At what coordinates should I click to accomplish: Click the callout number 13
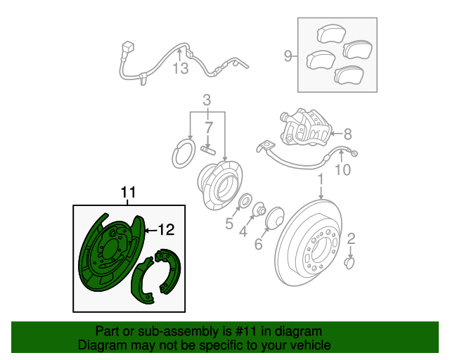tap(181, 68)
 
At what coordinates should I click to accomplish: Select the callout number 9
tap(288, 56)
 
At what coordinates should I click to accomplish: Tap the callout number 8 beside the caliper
tap(347, 134)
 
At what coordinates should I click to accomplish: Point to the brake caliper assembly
tap(305, 127)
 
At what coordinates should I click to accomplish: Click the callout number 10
tap(343, 169)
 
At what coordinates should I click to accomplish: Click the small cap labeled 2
tap(349, 263)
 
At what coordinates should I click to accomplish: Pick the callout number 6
tap(258, 244)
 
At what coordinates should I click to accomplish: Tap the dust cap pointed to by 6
tap(275, 218)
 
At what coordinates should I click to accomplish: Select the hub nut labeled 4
tap(259, 210)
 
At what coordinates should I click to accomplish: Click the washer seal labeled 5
tap(245, 200)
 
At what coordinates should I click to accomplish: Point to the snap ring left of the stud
tap(183, 153)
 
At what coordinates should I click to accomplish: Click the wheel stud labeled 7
tap(208, 150)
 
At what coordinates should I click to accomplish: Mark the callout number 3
tap(207, 100)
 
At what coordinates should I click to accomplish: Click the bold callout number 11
tap(128, 192)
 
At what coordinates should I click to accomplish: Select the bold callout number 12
tap(167, 230)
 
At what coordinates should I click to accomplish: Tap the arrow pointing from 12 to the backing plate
tap(151, 230)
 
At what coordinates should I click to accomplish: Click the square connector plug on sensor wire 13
tap(128, 47)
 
